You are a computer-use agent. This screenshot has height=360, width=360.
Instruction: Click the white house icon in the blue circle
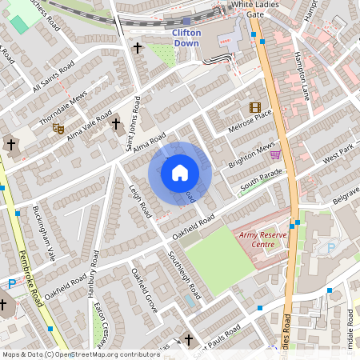(180, 172)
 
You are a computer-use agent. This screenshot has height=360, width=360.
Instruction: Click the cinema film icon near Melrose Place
(254, 107)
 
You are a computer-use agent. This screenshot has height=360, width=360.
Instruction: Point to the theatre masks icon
(58, 127)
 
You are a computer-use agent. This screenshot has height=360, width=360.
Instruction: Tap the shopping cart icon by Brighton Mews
(275, 154)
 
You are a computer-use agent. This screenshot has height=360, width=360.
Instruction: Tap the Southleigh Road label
(184, 276)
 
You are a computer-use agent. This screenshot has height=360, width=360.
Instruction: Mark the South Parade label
(262, 181)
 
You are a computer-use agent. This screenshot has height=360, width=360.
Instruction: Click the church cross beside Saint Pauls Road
(189, 340)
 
